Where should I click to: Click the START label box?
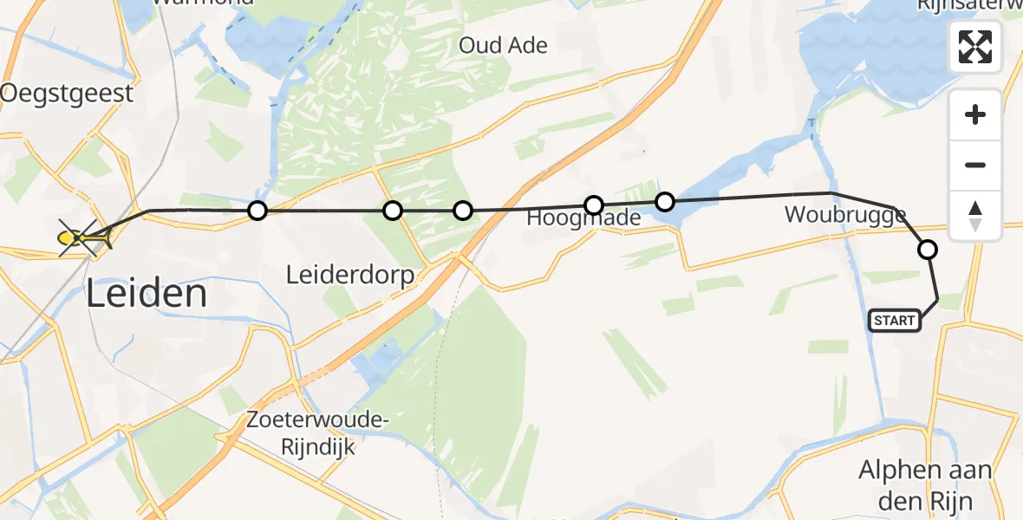[x=895, y=321]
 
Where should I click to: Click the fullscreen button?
[x=975, y=47]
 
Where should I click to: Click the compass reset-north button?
[x=975, y=215]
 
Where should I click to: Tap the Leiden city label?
[x=146, y=295]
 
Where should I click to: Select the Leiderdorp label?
[x=349, y=276]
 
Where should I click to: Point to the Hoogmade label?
[x=584, y=218]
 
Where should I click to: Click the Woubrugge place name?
[x=845, y=215]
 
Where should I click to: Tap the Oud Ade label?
[x=503, y=45]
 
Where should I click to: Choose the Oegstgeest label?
[x=68, y=93]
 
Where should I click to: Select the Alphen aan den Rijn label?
[x=924, y=484]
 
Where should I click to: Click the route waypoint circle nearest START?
[x=927, y=250]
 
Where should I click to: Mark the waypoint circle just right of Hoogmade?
[x=664, y=202]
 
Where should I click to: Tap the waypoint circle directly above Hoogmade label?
[x=593, y=205]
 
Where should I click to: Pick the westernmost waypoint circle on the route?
[x=257, y=210]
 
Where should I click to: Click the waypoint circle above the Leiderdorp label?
[x=393, y=210]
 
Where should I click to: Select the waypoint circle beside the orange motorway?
[x=463, y=210]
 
